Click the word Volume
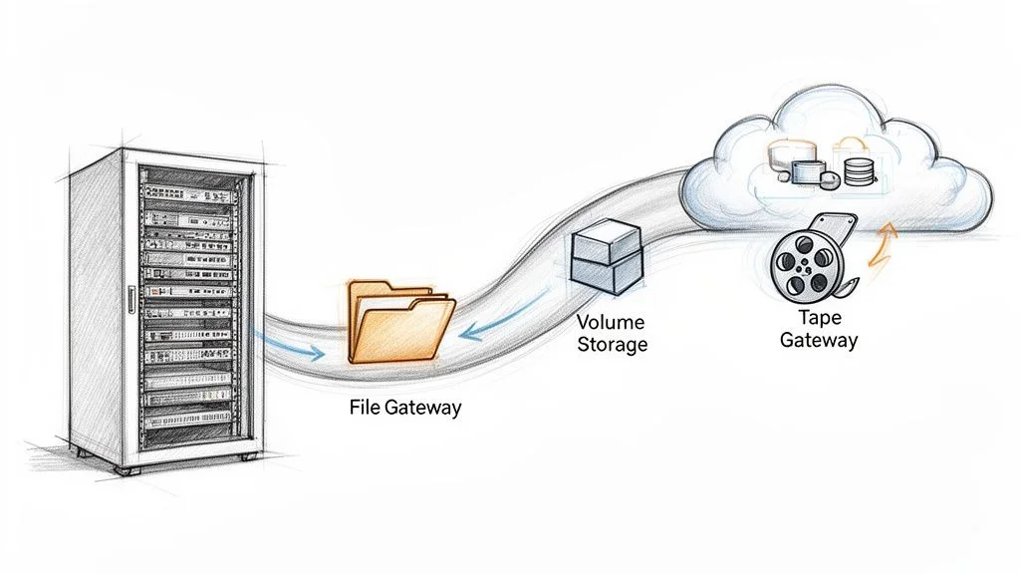pos(612,323)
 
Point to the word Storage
pos(613,345)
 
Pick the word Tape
pos(819,318)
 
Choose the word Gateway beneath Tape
pos(819,340)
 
